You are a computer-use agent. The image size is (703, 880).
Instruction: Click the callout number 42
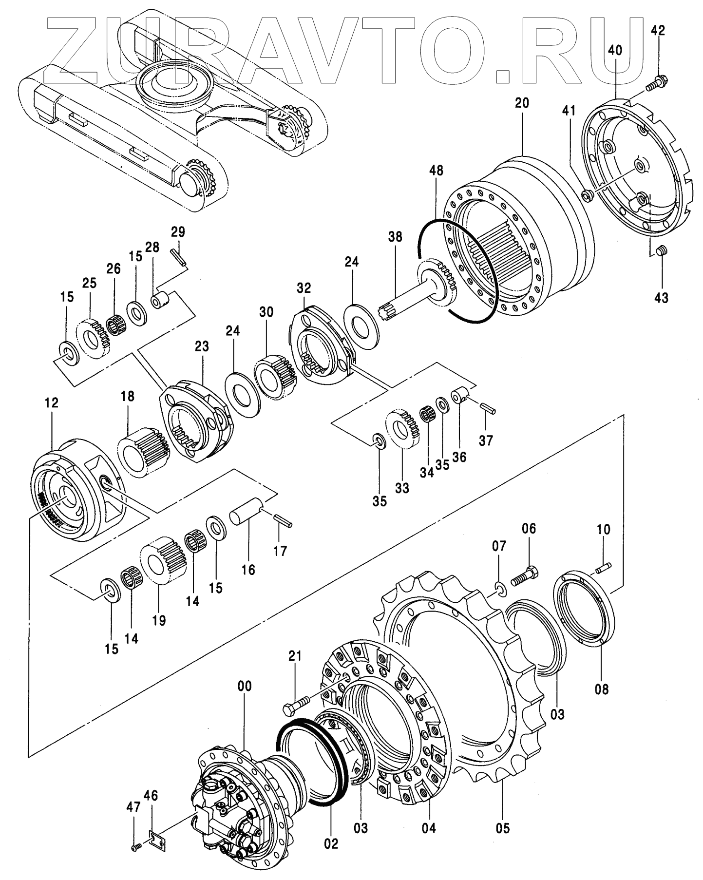(658, 30)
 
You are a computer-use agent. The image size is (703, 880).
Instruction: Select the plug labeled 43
(661, 251)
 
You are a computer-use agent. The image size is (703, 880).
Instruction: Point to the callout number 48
(436, 171)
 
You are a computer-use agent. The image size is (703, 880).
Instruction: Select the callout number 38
(396, 237)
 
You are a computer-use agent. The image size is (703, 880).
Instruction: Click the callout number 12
(51, 402)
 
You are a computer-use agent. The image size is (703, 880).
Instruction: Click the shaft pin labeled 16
(246, 514)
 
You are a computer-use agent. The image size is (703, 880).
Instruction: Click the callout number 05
(503, 828)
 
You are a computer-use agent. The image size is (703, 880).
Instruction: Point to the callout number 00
(245, 686)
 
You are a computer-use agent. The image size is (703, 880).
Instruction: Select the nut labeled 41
(587, 196)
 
